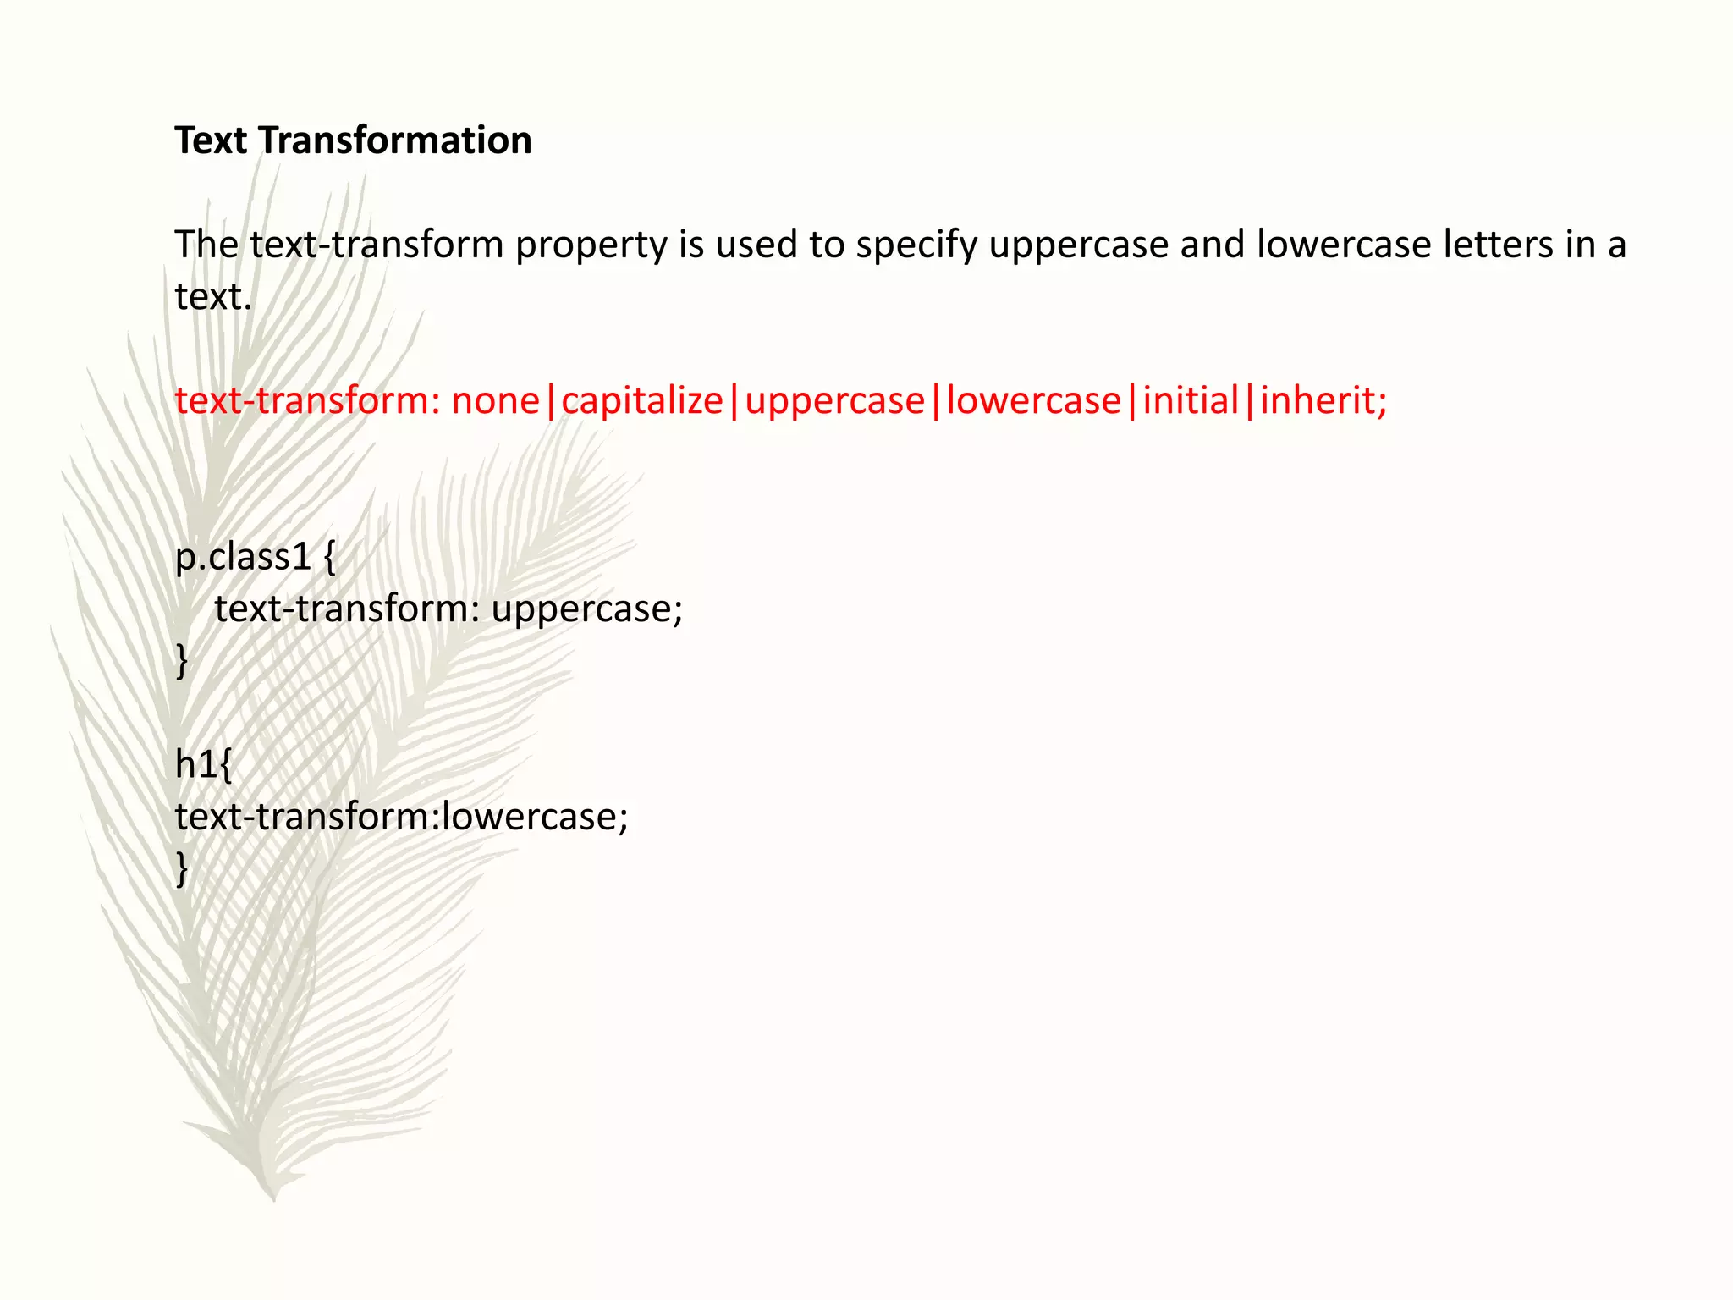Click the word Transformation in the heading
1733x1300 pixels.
click(394, 140)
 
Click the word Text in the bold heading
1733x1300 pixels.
click(211, 140)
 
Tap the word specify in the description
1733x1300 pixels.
click(916, 245)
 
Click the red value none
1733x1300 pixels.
click(495, 400)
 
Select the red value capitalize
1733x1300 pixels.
click(642, 400)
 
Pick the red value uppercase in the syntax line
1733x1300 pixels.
click(834, 400)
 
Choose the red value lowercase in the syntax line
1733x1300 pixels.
click(1033, 400)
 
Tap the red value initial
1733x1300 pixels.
click(1191, 400)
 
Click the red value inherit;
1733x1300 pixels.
click(1323, 400)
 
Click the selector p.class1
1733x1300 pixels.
click(243, 557)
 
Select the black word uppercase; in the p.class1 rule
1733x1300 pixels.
click(586, 609)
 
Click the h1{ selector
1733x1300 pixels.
click(203, 764)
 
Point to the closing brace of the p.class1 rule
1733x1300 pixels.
click(182, 660)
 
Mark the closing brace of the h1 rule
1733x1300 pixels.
click(182, 868)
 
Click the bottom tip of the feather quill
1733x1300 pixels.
click(273, 1195)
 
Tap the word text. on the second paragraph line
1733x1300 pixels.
click(213, 297)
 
